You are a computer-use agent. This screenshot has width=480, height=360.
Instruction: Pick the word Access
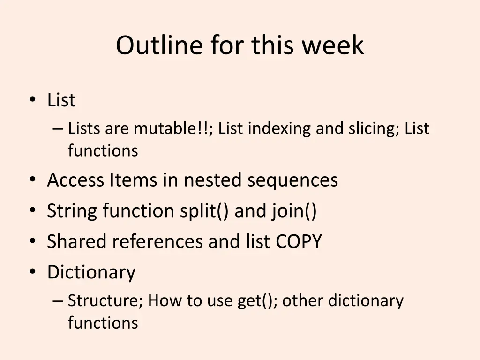pyautogui.click(x=76, y=180)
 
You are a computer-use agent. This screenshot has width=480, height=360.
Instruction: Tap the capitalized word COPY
pyautogui.click(x=299, y=242)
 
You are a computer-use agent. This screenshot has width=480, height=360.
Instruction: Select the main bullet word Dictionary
pyautogui.click(x=91, y=272)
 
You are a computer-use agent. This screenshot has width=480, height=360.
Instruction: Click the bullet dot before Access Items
pyautogui.click(x=32, y=180)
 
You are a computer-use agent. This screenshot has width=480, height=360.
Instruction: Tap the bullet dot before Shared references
pyautogui.click(x=32, y=242)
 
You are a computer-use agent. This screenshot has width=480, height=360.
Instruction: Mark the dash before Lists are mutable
pyautogui.click(x=58, y=129)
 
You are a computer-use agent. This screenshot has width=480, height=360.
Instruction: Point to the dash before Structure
pyautogui.click(x=58, y=301)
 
